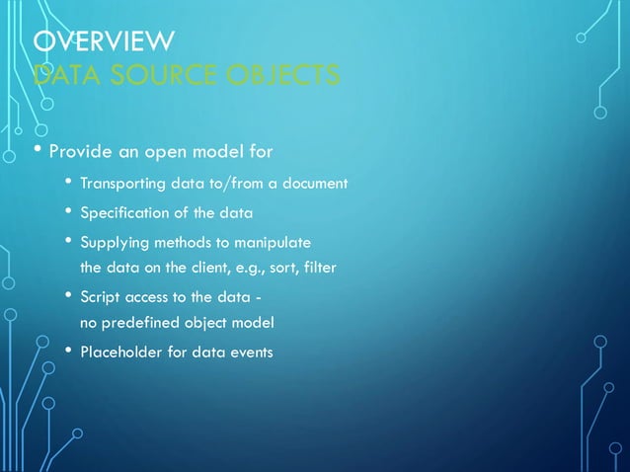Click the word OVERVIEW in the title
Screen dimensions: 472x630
pyautogui.click(x=104, y=41)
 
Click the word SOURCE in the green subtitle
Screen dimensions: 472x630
pyautogui.click(x=150, y=75)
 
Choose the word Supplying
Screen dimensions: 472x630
pyautogui.click(x=111, y=243)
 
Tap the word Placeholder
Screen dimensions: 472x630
pyautogui.click(x=121, y=352)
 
